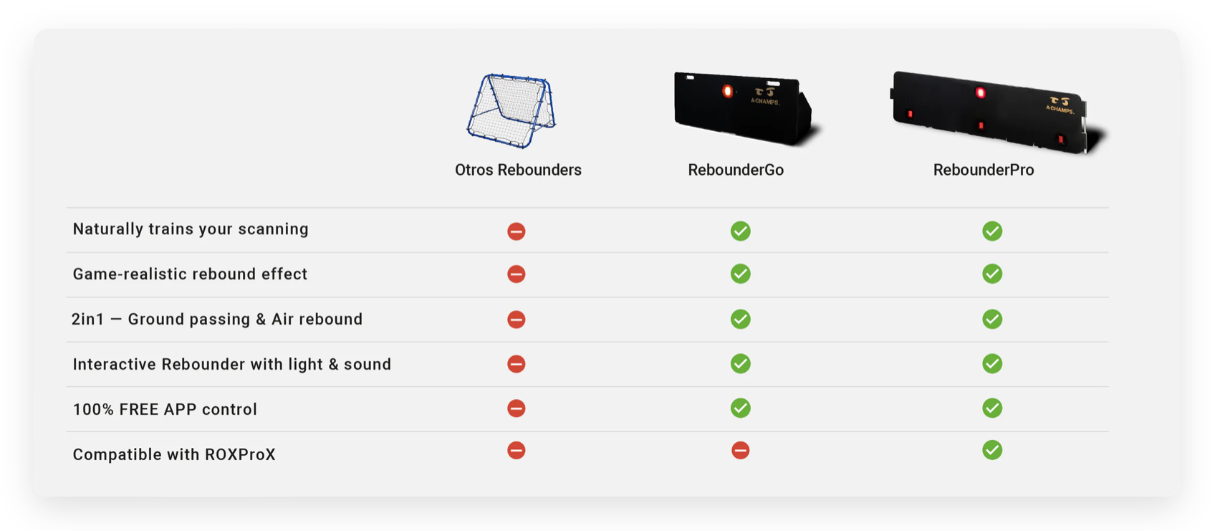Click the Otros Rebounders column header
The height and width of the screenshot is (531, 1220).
[x=518, y=170]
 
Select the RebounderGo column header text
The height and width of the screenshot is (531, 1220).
[x=736, y=170]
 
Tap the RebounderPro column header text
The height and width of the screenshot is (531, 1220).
[x=984, y=170]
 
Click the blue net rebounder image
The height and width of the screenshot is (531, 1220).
[x=511, y=111]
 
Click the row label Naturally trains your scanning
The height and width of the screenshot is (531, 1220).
[x=191, y=229]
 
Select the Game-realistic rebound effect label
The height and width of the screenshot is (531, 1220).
[x=190, y=274]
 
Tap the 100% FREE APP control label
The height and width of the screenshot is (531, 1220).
[x=165, y=410]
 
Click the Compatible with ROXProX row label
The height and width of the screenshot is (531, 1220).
[x=174, y=454]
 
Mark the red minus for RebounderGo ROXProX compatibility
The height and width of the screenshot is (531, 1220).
[x=740, y=451]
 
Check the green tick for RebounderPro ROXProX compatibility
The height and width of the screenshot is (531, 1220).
[x=992, y=450]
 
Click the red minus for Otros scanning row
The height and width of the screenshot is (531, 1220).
[x=517, y=231]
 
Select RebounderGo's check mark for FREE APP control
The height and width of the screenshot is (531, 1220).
[x=741, y=408]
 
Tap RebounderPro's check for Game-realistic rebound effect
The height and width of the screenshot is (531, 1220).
[x=992, y=274]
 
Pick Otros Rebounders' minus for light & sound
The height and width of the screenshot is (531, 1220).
[x=517, y=364]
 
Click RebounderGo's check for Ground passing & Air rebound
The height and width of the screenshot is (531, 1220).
[x=741, y=319]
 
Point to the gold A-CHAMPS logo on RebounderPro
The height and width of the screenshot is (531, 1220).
[x=1060, y=105]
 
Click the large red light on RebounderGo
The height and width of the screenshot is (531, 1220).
[x=727, y=91]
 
